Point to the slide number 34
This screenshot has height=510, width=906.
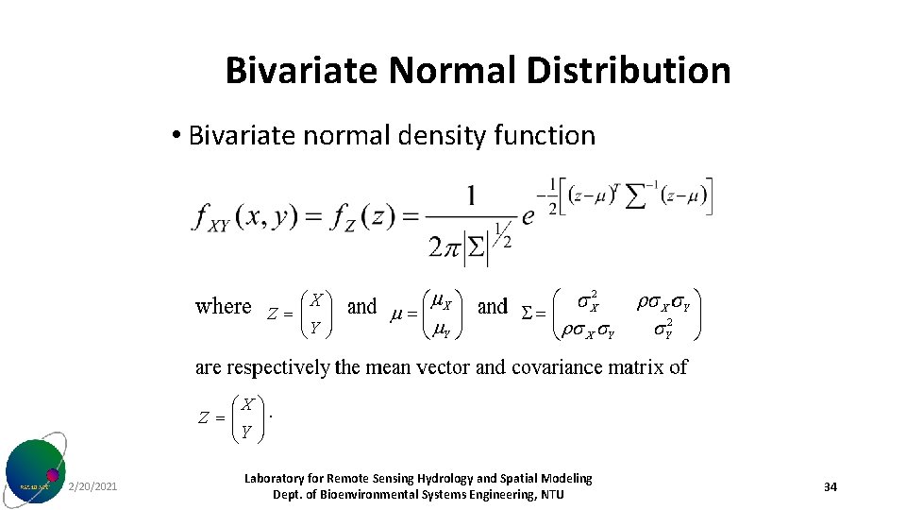(830, 487)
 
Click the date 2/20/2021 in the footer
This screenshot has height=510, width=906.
(92, 487)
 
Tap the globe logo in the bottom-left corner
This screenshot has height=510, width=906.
(36, 470)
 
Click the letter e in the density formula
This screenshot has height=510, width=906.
(528, 216)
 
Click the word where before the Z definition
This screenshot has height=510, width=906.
(223, 307)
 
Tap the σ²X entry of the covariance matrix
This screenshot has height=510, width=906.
(588, 302)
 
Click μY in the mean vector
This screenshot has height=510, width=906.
(441, 331)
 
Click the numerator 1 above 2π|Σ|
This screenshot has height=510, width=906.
(470, 195)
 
